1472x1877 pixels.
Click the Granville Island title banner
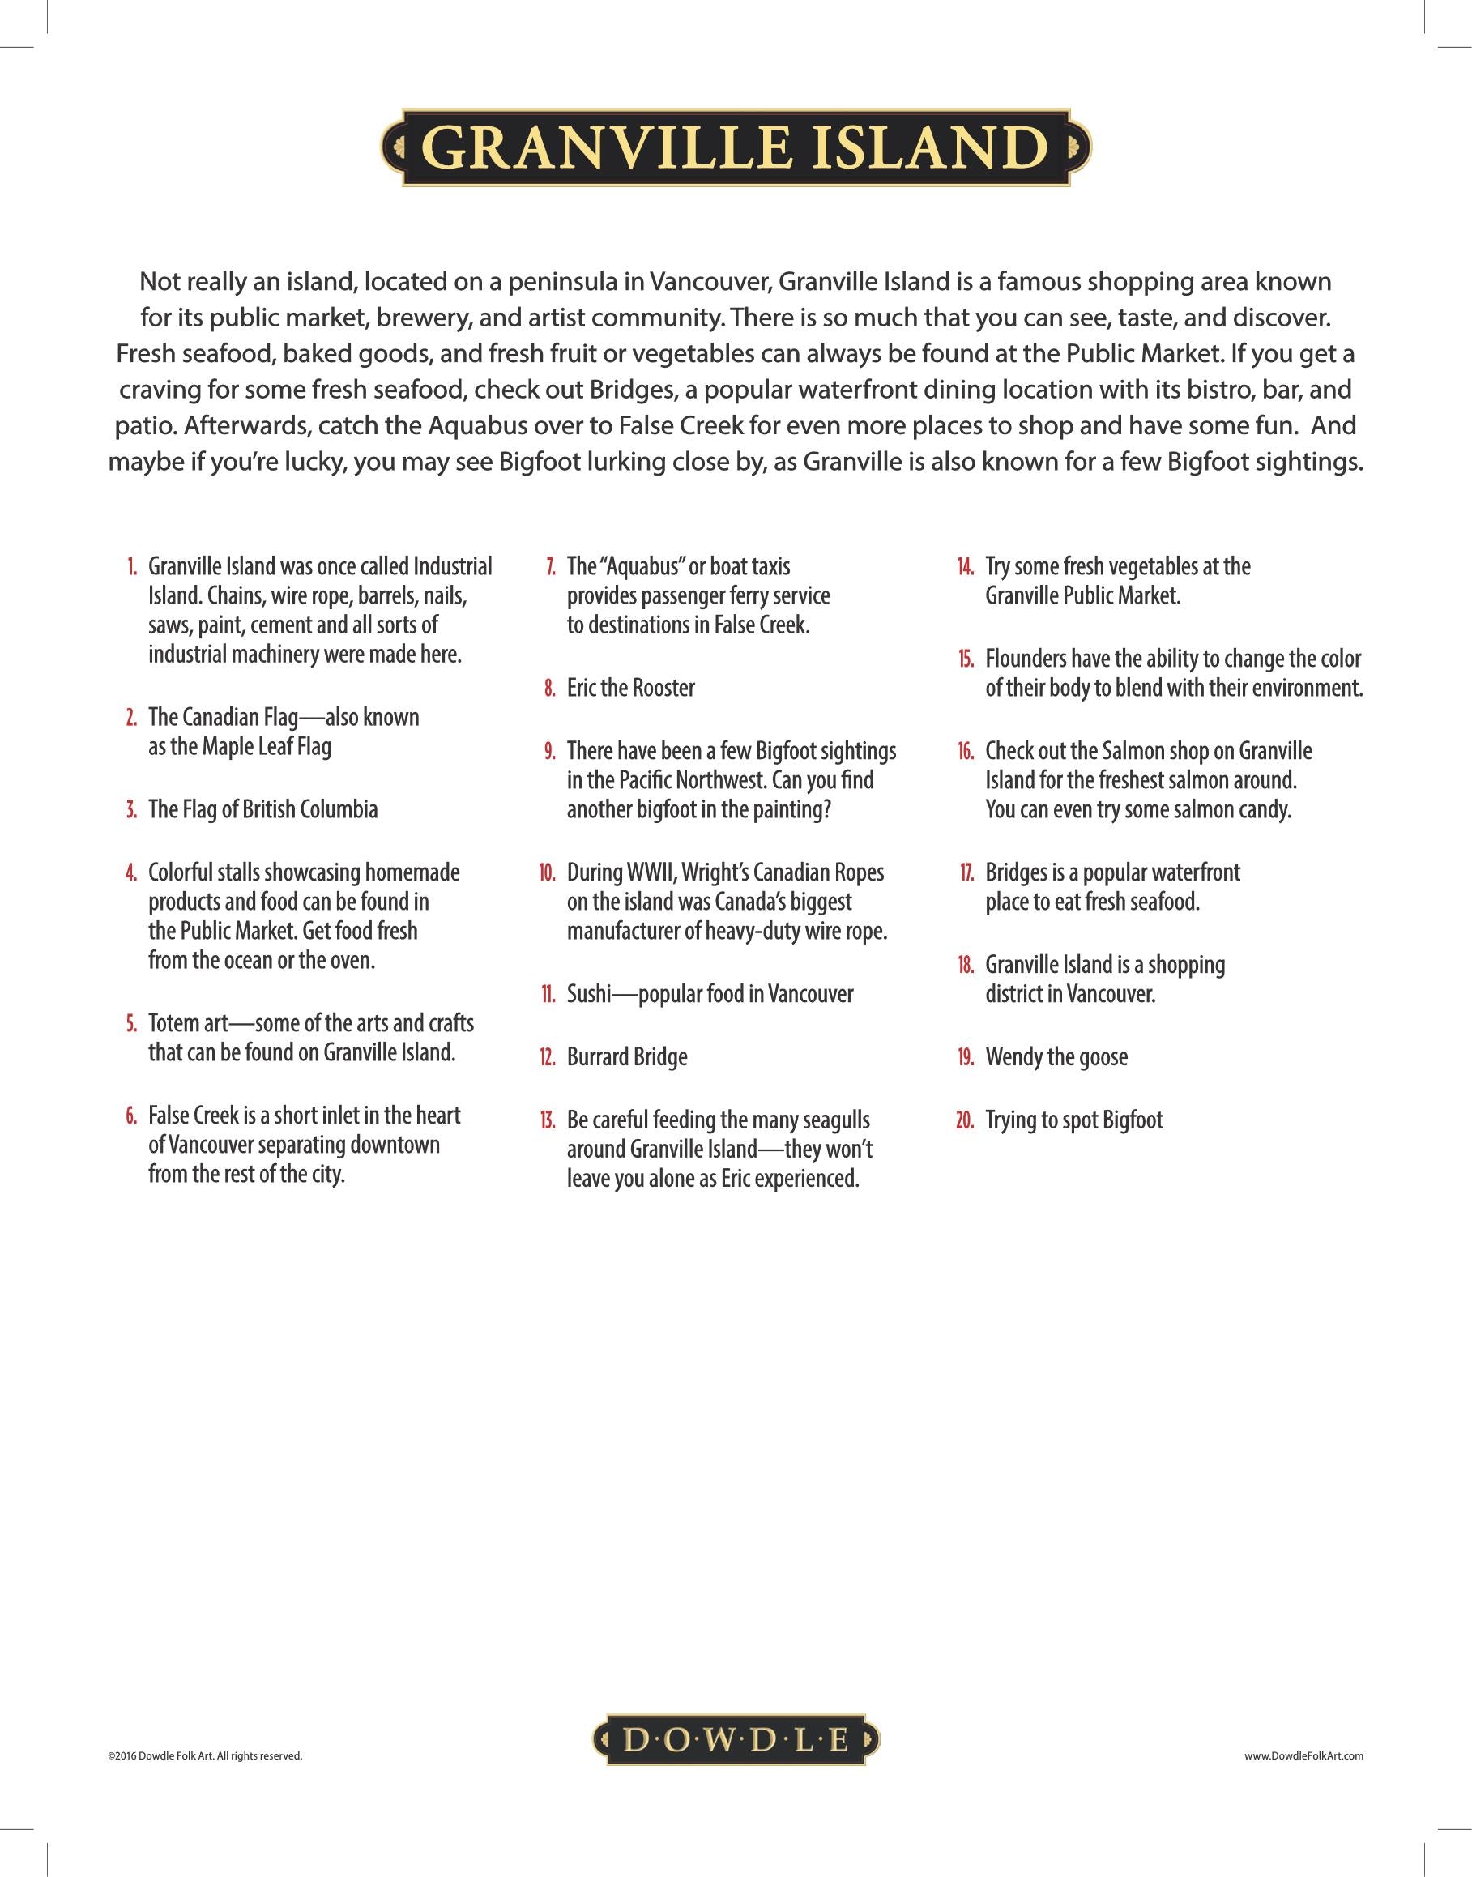(735, 148)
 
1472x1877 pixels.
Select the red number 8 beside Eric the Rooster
(550, 689)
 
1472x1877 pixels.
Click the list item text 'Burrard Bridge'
(626, 1057)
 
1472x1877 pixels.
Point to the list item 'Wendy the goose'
(1056, 1057)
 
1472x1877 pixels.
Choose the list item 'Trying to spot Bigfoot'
(1074, 1120)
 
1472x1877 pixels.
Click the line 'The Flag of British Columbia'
(262, 810)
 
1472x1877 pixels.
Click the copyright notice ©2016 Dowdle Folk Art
(205, 1755)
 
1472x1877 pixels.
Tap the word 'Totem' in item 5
(171, 1024)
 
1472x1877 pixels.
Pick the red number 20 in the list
(965, 1120)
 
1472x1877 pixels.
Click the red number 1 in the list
(133, 567)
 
